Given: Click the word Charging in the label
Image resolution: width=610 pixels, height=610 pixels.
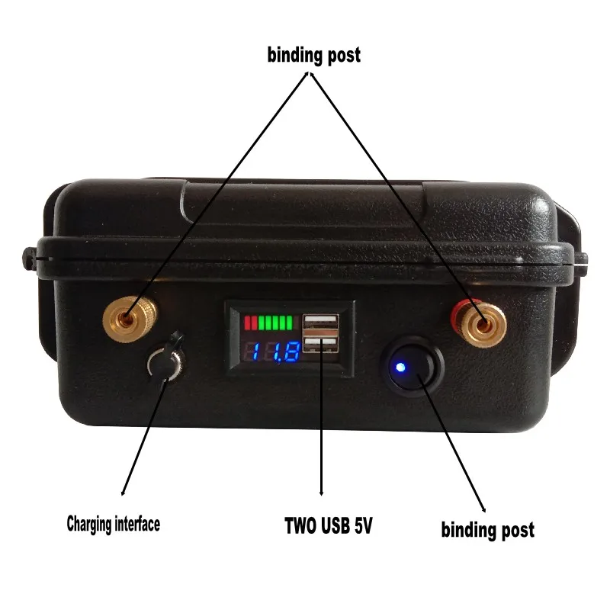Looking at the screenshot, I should point(89,524).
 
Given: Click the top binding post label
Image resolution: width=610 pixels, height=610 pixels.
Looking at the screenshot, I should point(313,56).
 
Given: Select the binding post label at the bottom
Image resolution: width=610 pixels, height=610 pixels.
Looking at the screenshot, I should point(488,528).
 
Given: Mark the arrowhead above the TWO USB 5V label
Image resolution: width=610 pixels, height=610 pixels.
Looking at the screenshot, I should point(322,492).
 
